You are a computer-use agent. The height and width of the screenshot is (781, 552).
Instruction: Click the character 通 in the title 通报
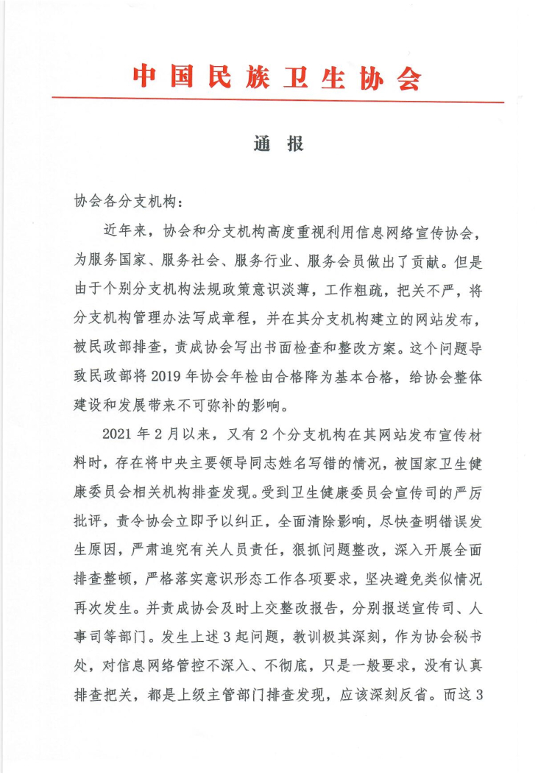click(261, 145)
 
